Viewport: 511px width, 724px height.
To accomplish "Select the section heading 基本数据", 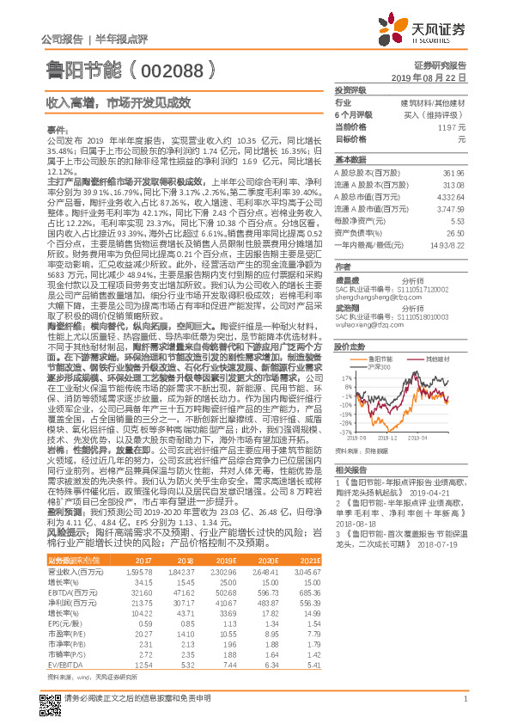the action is tap(350, 161).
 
